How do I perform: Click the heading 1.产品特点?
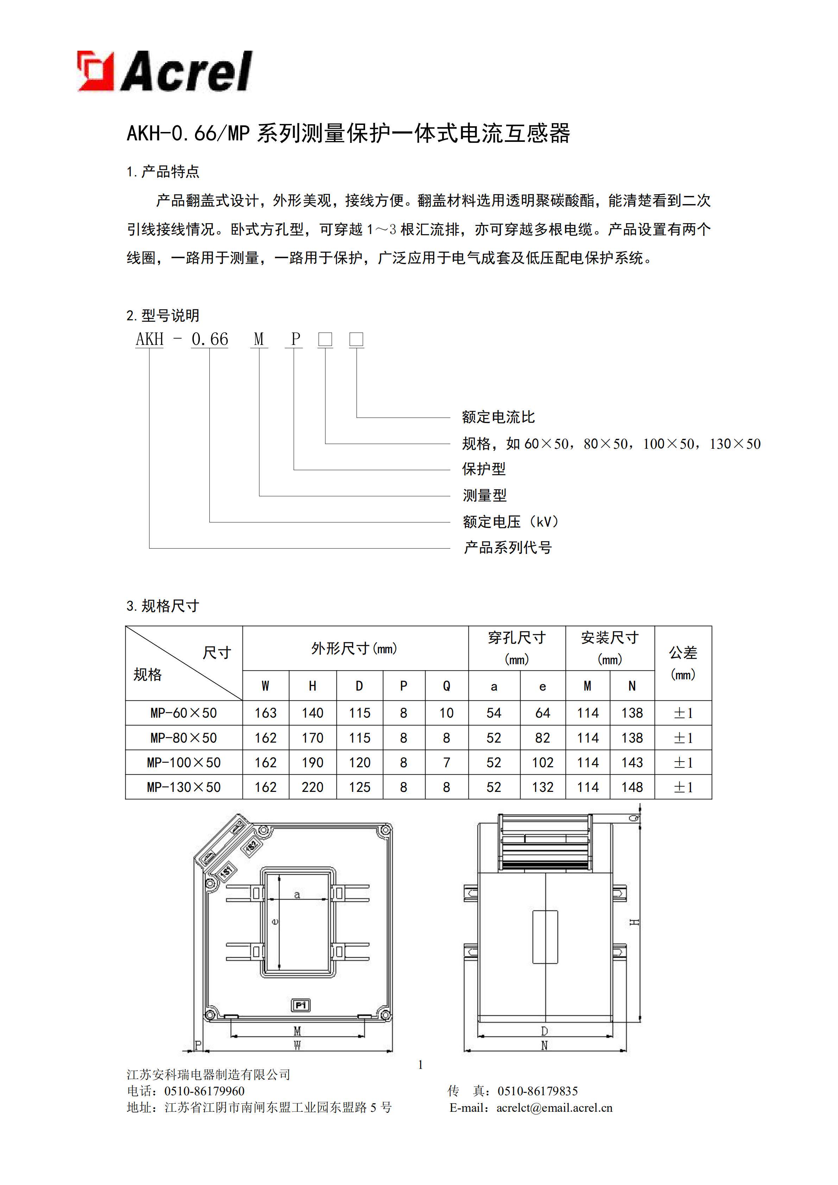[163, 172]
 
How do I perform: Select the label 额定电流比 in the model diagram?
[498, 417]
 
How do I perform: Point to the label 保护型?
[484, 469]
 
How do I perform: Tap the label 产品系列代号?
[508, 548]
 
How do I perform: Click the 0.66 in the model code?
[209, 340]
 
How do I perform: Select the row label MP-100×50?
[184, 762]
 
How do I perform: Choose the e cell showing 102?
[542, 762]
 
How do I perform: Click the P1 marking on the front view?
[301, 1005]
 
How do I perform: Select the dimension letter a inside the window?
[297, 894]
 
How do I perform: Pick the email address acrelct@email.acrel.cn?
[554, 1108]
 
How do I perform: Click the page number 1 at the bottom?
[421, 1065]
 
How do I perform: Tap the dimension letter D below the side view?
[544, 1031]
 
